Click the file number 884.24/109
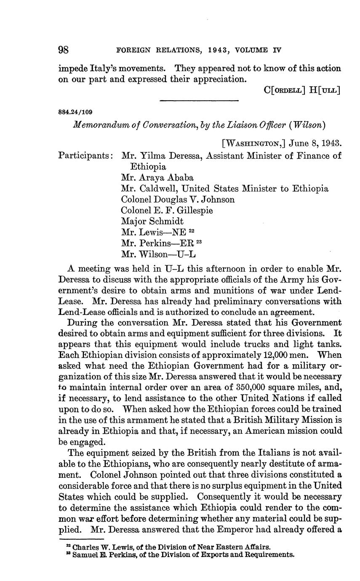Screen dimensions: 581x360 click(x=76, y=112)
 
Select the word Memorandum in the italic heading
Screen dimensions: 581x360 click(x=97, y=125)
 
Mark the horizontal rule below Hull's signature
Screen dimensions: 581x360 click(x=200, y=100)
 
